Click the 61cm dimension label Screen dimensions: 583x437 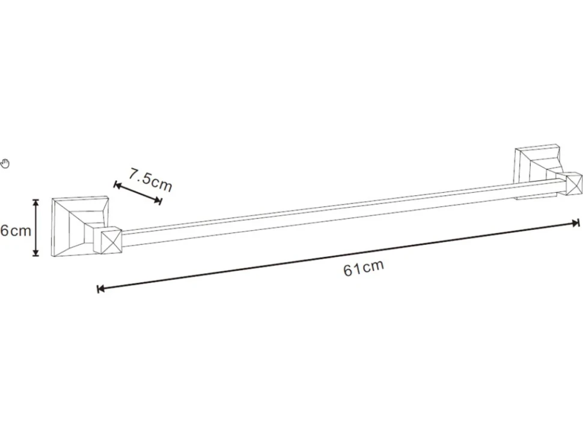coord(363,268)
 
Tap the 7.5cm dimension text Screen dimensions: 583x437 coord(151,180)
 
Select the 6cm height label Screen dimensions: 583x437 coord(16,231)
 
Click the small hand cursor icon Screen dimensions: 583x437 coord(5,163)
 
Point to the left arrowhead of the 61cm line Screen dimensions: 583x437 coord(100,289)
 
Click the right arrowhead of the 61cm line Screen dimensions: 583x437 coord(576,223)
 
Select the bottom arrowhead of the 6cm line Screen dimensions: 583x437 coord(35,253)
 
